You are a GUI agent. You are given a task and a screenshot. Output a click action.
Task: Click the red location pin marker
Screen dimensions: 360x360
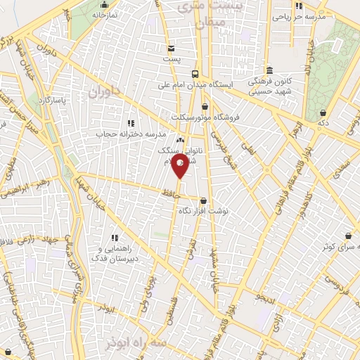point(181,167)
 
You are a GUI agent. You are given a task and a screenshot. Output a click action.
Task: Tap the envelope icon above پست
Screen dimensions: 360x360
point(172,48)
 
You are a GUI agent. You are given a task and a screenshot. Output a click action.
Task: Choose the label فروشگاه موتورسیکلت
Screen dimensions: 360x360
point(206,117)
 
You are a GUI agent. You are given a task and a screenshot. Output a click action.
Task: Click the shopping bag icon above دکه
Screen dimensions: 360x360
point(323,112)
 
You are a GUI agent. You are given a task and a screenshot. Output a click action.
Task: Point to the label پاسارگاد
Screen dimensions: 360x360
point(52,101)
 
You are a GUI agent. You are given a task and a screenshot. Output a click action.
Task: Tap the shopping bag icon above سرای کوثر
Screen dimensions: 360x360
point(349,236)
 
